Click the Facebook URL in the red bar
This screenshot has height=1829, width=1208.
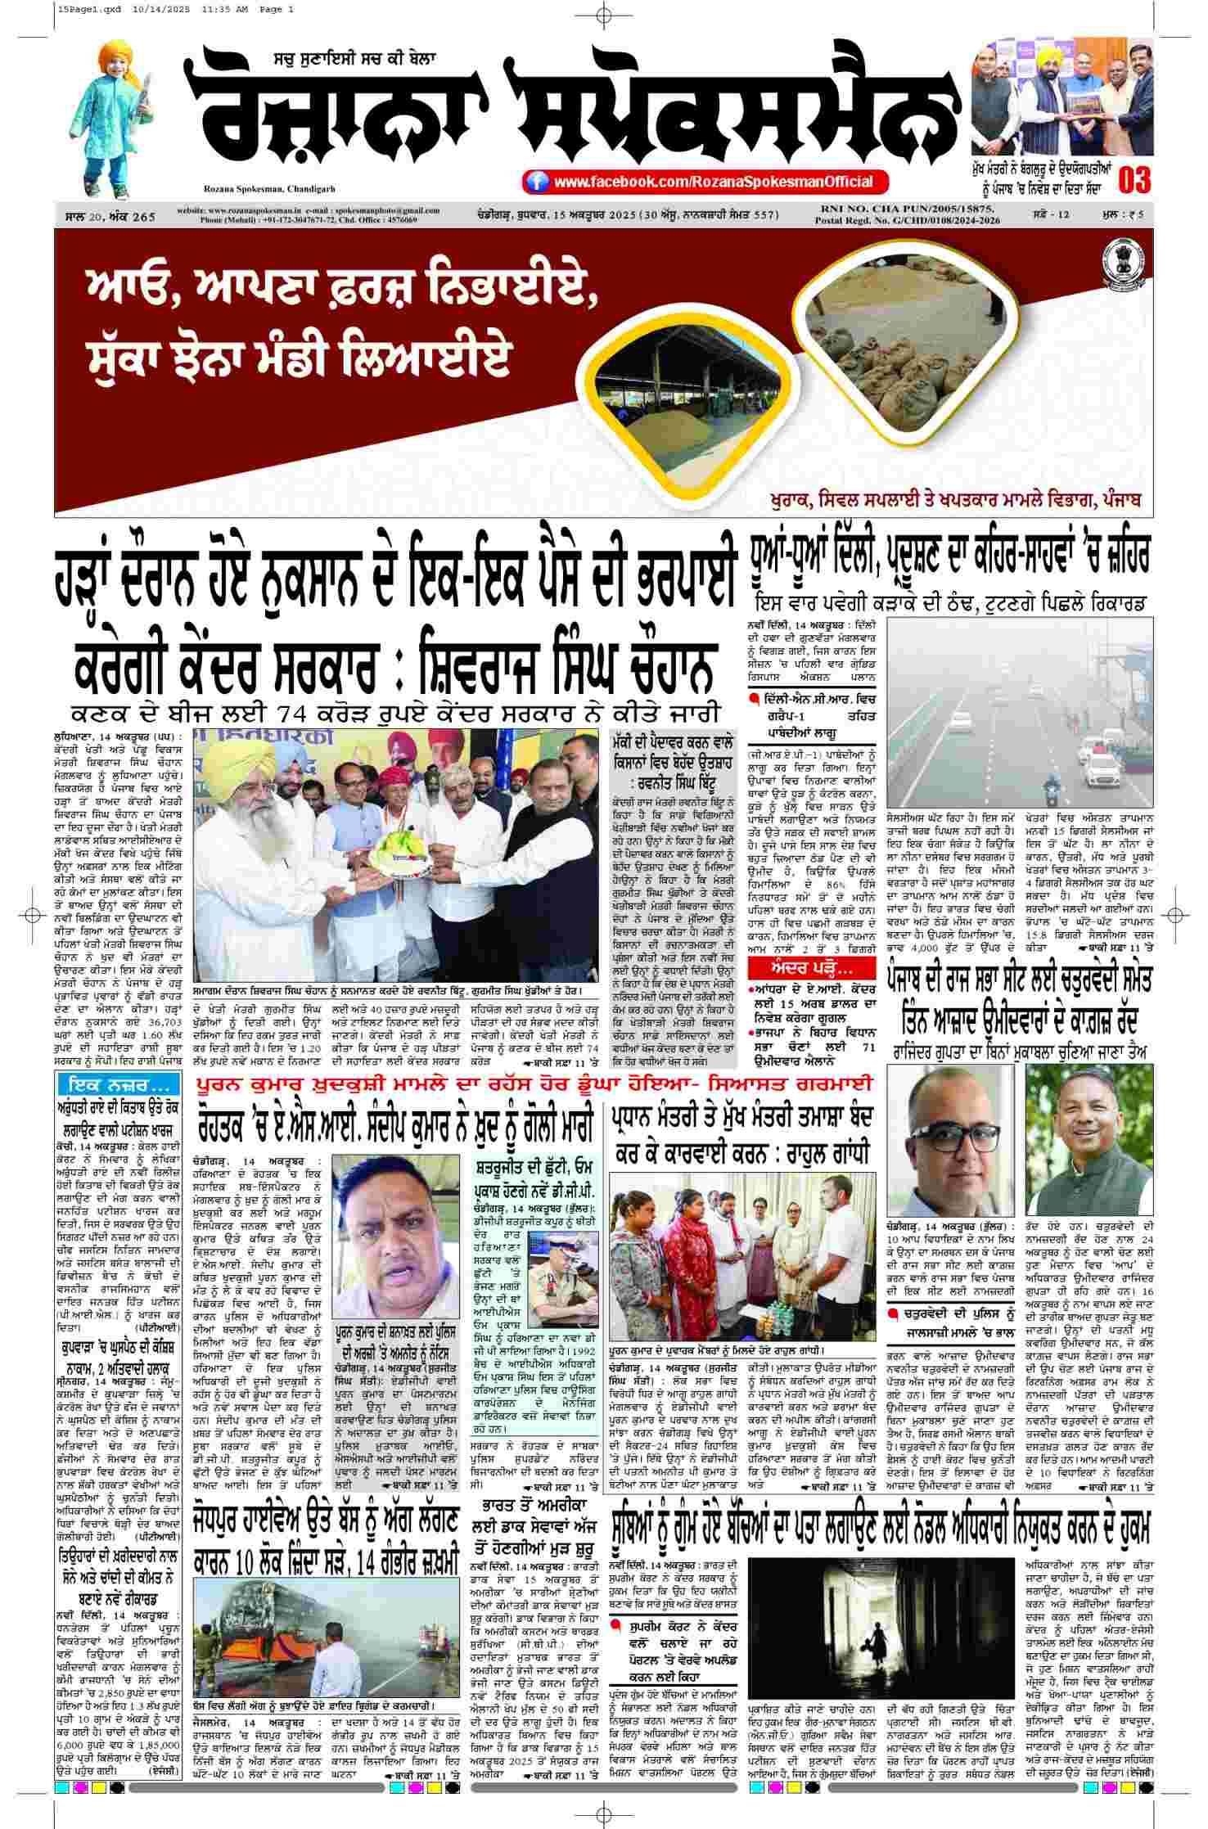pos(712,182)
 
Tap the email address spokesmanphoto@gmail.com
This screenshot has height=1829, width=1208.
pos(385,211)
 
